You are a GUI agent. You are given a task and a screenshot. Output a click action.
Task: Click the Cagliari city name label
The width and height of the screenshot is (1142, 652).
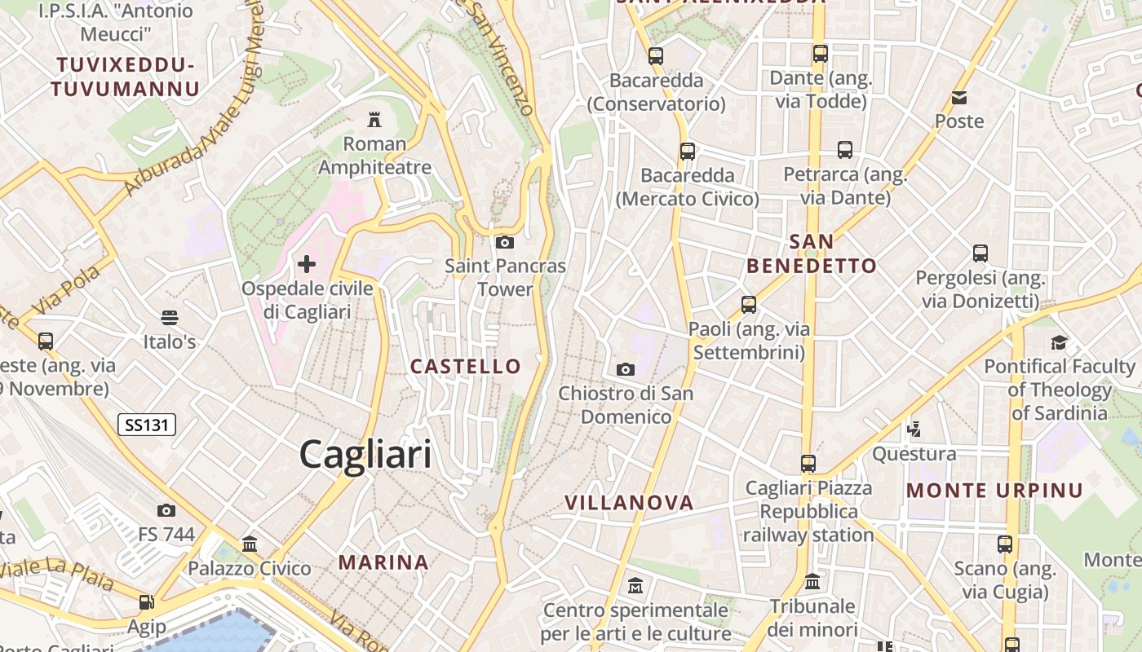point(365,453)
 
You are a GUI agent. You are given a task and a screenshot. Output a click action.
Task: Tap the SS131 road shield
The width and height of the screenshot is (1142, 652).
point(147,424)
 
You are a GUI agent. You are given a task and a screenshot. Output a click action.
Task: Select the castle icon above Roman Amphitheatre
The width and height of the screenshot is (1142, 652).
point(374,120)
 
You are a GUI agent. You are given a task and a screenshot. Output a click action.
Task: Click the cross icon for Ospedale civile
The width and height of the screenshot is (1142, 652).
point(307,264)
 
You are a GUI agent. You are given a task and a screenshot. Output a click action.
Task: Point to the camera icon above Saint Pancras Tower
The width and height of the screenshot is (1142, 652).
point(505,242)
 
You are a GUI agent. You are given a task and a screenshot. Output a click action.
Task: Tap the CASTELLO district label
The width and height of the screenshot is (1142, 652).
point(466,367)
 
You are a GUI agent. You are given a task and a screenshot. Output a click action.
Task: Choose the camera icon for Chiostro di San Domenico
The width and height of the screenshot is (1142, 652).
point(626,369)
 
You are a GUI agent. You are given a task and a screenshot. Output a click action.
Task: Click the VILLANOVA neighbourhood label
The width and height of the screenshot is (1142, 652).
point(629,503)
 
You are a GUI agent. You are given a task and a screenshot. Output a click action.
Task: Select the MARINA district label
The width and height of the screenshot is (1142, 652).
point(383,562)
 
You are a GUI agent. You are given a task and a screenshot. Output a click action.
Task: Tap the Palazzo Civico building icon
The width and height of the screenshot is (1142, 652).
point(250,544)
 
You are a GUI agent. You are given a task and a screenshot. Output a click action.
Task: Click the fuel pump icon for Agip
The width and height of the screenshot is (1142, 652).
point(146,602)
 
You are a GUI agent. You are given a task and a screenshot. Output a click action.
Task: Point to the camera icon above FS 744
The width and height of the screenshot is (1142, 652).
point(166,510)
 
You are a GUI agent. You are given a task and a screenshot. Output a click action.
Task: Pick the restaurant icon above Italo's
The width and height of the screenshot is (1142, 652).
point(170,317)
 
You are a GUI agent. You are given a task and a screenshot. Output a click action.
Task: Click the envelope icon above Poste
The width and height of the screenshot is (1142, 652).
point(959,98)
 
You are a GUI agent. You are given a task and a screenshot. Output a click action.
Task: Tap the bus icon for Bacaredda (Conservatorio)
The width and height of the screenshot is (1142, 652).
point(656,56)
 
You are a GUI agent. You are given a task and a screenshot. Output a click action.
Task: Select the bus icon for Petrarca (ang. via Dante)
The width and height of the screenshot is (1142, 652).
point(845,150)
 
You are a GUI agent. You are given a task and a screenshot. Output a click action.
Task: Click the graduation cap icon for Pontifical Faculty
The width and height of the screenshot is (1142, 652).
point(1059,342)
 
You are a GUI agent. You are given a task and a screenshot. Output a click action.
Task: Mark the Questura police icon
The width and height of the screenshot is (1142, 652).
point(914,429)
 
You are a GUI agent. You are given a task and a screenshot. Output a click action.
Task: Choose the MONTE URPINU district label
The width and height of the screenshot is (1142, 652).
point(994,491)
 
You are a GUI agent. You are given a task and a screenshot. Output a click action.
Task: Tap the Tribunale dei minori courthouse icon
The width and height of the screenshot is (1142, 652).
point(812,582)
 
